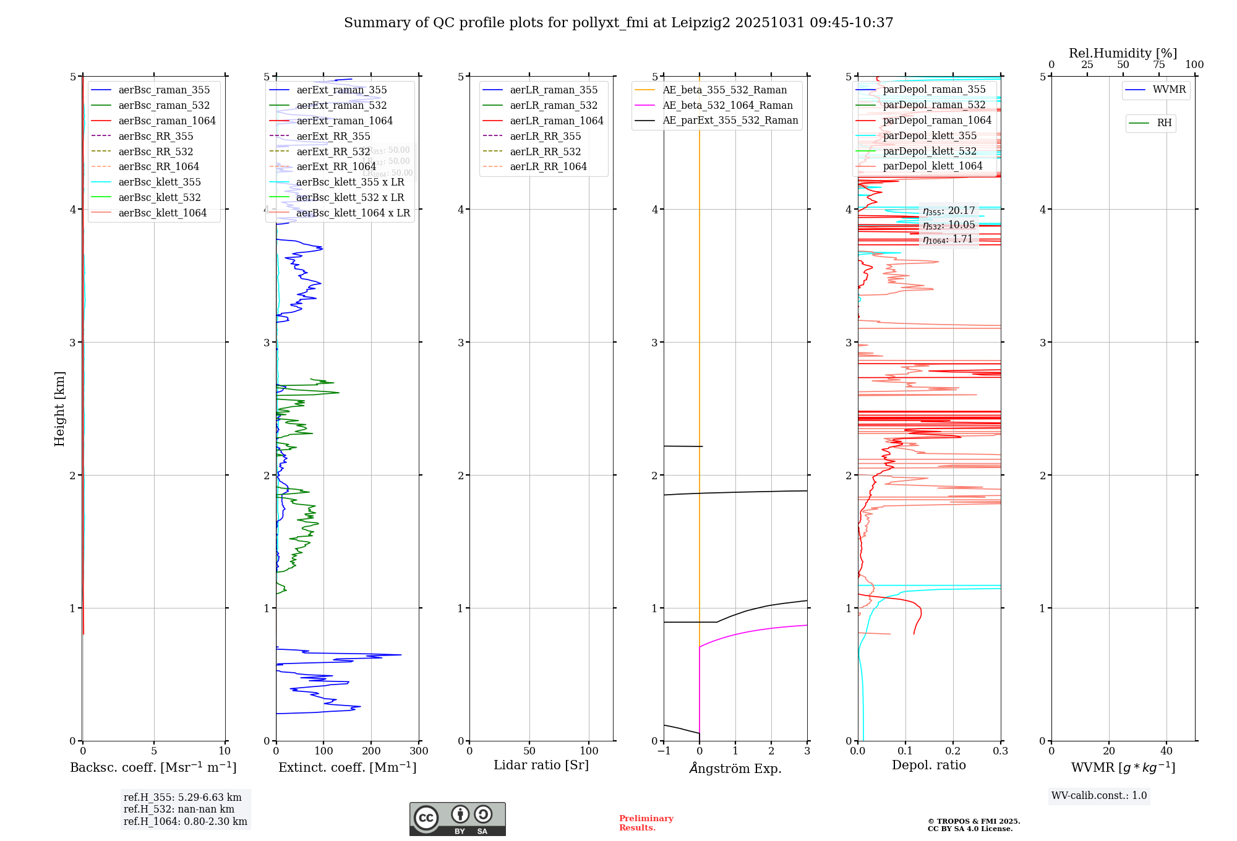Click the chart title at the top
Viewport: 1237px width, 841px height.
(618, 23)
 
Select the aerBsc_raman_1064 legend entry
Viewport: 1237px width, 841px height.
(166, 121)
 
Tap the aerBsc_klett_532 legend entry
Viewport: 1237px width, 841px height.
(159, 197)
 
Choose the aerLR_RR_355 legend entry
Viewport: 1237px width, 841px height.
(545, 136)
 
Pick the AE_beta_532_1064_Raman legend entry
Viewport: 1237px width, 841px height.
(727, 105)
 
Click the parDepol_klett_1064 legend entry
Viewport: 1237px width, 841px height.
(932, 166)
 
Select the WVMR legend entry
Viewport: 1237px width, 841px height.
(1168, 90)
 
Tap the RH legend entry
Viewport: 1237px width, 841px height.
(1164, 123)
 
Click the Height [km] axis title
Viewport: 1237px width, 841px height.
(59, 409)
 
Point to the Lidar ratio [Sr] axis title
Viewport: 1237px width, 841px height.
(541, 765)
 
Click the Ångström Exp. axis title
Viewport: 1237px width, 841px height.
(735, 768)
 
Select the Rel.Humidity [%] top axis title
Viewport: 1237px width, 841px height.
(1123, 53)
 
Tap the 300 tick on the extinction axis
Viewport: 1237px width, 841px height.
(419, 751)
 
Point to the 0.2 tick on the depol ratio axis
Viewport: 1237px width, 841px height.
(953, 751)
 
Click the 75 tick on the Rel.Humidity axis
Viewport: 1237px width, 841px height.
(1158, 64)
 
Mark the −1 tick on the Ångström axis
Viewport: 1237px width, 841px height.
(664, 751)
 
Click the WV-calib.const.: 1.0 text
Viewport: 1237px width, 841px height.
(1098, 795)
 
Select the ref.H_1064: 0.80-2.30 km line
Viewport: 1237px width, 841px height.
(185, 821)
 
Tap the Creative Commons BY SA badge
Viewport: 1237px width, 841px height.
(457, 819)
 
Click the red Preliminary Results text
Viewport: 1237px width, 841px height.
(646, 822)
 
